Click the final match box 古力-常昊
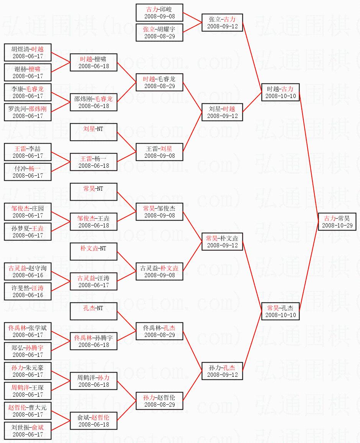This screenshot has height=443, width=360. pyautogui.click(x=337, y=222)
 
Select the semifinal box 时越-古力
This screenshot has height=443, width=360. pyautogui.click(x=280, y=92)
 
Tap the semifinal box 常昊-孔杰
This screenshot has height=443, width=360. pyautogui.click(x=280, y=311)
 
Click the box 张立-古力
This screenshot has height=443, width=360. pyautogui.click(x=222, y=23)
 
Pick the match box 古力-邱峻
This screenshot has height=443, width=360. pyautogui.click(x=159, y=13)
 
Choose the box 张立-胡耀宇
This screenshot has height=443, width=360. pyautogui.click(x=159, y=33)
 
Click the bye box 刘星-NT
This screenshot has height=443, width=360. pyautogui.click(x=93, y=132)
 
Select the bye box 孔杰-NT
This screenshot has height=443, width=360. pyautogui.click(x=93, y=311)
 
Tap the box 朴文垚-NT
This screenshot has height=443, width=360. pyautogui.click(x=93, y=252)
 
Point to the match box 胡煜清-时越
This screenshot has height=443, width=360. pyautogui.click(x=28, y=52)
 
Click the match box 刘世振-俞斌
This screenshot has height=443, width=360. pyautogui.click(x=28, y=431)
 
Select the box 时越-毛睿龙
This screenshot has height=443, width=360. pyautogui.click(x=159, y=82)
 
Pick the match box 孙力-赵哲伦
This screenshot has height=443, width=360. pyautogui.click(x=159, y=401)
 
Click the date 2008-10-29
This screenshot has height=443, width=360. pyautogui.click(x=337, y=226)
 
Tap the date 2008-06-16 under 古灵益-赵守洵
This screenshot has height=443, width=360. pyautogui.click(x=28, y=275)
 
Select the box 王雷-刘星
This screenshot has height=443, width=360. pyautogui.click(x=159, y=152)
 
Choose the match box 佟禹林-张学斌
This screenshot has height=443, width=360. pyautogui.click(x=28, y=331)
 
